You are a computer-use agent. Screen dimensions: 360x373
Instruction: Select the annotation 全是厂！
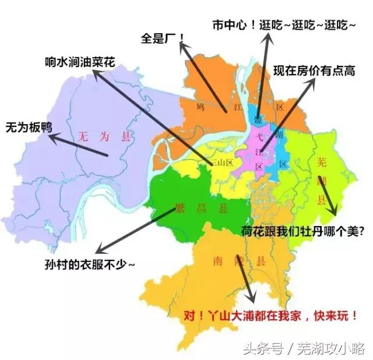coord(163,38)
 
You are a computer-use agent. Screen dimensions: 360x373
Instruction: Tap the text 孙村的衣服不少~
coord(90,263)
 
